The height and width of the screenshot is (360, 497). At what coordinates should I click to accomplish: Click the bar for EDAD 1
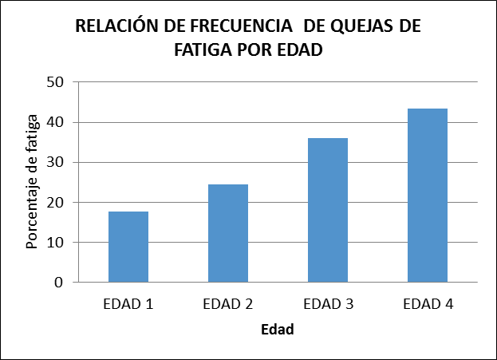tap(128, 247)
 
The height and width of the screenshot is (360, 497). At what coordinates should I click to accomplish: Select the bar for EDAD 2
tap(228, 233)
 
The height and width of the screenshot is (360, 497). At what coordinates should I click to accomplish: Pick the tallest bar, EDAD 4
tap(428, 196)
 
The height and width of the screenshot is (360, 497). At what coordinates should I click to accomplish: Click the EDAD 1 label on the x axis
tap(128, 304)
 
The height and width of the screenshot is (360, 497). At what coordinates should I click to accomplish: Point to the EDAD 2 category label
tap(228, 304)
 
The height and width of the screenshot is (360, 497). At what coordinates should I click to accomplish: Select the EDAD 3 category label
tap(328, 304)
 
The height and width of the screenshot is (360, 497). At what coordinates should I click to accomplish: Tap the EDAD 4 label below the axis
tap(428, 304)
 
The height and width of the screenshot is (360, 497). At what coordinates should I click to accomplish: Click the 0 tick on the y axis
tap(59, 283)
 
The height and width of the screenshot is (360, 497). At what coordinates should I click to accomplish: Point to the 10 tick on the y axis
tap(54, 243)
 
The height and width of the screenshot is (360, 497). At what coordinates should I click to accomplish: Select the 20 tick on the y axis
tap(54, 203)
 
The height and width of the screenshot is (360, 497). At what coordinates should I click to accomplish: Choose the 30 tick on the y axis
tap(54, 163)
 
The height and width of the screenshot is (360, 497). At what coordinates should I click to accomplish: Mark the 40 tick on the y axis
tap(54, 123)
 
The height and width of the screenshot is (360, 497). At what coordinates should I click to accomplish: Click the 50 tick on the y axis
tap(54, 82)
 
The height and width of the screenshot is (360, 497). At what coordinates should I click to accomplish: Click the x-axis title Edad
tap(277, 330)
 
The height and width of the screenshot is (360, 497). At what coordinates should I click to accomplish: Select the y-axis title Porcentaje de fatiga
tap(32, 183)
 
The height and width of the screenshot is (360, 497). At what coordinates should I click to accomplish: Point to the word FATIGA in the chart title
tap(199, 49)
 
